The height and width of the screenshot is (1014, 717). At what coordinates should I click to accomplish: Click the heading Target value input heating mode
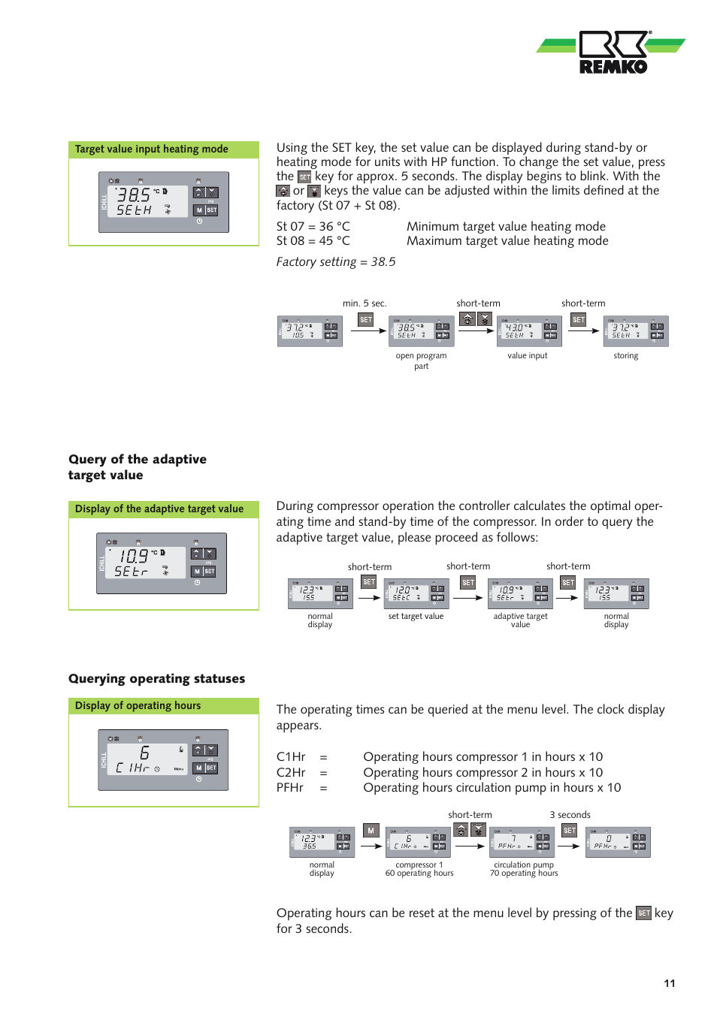click(x=151, y=149)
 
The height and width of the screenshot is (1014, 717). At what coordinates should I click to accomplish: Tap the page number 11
click(x=669, y=983)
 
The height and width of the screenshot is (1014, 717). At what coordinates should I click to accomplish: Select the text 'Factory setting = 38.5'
click(x=335, y=262)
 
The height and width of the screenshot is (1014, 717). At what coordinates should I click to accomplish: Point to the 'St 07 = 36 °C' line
click(x=313, y=227)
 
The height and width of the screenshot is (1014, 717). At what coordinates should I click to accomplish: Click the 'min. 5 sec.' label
click(x=365, y=303)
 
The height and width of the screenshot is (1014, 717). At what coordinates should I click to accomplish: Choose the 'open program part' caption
click(x=421, y=361)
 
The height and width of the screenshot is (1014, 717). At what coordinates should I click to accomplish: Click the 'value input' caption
click(x=527, y=356)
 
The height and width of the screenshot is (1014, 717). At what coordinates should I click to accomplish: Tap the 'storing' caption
click(x=625, y=356)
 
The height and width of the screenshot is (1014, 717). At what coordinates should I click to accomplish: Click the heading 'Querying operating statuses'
click(x=156, y=679)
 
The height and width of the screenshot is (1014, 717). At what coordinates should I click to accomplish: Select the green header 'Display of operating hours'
click(x=138, y=706)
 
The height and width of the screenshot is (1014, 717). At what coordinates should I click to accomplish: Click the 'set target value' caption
click(x=416, y=617)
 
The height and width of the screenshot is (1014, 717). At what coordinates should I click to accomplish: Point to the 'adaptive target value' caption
click(x=520, y=620)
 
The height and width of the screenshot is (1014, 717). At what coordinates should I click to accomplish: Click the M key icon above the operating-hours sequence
click(x=371, y=831)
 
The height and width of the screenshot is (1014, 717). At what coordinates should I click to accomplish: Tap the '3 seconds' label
click(x=570, y=815)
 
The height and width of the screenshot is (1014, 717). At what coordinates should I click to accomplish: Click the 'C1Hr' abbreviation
click(x=291, y=757)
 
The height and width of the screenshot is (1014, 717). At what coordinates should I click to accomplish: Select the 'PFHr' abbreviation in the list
click(x=290, y=788)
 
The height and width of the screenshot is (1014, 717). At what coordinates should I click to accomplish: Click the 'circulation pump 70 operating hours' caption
click(x=524, y=869)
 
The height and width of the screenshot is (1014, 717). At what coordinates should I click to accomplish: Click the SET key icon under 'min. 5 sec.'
click(x=366, y=320)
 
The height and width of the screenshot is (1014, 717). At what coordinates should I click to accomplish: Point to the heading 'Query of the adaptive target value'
click(x=137, y=467)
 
